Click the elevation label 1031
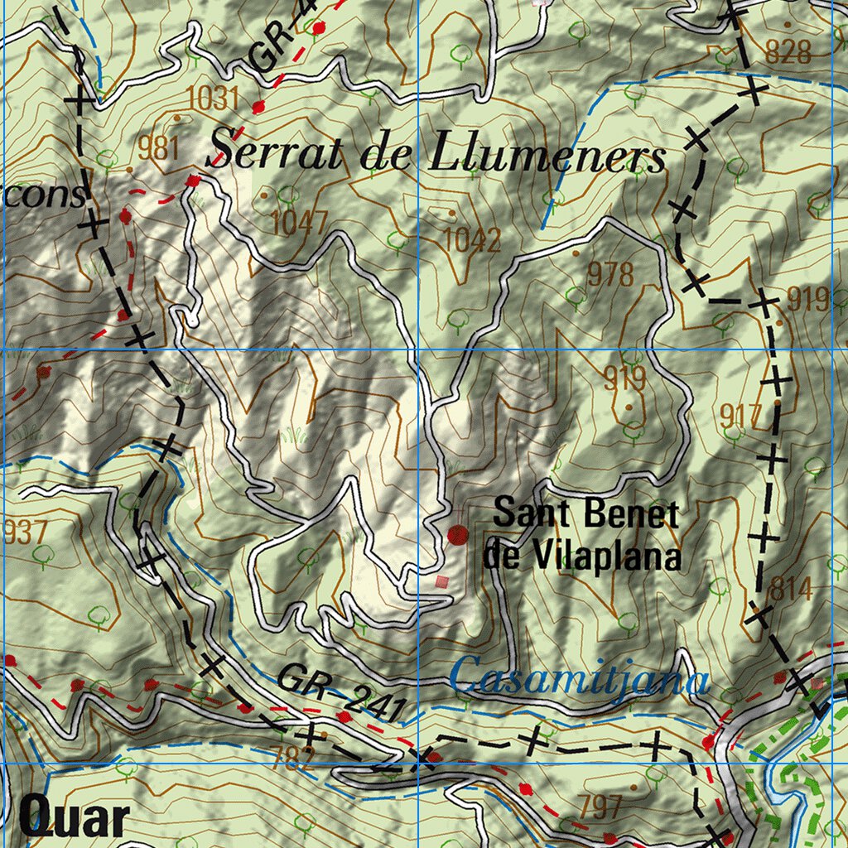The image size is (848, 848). pos(213,99)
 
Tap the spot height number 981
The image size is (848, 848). pos(159,148)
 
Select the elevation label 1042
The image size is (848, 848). pos(472,240)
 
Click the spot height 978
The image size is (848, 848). pos(610,274)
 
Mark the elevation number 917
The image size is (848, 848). pos(740,416)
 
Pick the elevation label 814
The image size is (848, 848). pos(790,590)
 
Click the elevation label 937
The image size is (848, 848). pos(26,532)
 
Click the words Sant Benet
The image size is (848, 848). pos(585,514)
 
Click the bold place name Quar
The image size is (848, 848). pos(75,819)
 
